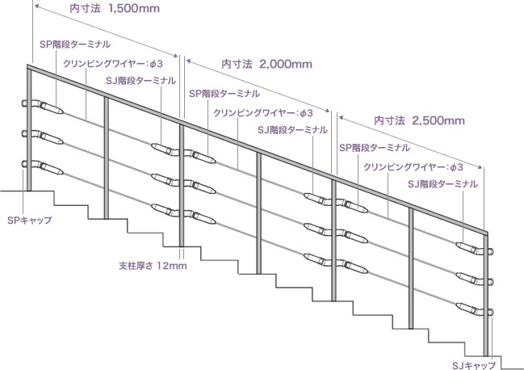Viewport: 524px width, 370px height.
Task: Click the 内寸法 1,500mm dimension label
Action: (115, 8)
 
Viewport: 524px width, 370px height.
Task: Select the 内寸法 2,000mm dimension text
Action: (266, 64)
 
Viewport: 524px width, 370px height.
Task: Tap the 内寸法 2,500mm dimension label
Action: (419, 120)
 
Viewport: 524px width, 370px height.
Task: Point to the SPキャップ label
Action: (30, 221)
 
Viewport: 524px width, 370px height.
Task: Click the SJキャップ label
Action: (474, 365)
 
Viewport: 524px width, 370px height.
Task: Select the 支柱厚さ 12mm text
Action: (153, 266)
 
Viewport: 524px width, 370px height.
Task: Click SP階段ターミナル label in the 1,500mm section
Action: (75, 44)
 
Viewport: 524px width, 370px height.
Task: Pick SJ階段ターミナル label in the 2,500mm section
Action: (442, 184)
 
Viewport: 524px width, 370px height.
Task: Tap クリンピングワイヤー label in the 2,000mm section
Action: (263, 113)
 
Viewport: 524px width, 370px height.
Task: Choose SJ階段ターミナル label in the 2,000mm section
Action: (292, 130)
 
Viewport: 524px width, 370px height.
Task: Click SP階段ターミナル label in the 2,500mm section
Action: (375, 148)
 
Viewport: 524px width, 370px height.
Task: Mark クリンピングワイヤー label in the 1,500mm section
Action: (113, 64)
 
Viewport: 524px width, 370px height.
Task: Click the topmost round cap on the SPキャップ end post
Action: (24, 103)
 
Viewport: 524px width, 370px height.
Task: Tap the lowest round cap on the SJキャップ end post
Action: (490, 312)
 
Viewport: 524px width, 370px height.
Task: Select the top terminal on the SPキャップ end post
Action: (48, 107)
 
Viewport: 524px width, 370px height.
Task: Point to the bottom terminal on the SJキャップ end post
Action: (470, 309)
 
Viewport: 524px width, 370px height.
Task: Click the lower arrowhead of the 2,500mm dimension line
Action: (480, 166)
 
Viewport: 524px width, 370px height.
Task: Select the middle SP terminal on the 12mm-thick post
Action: (200, 187)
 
